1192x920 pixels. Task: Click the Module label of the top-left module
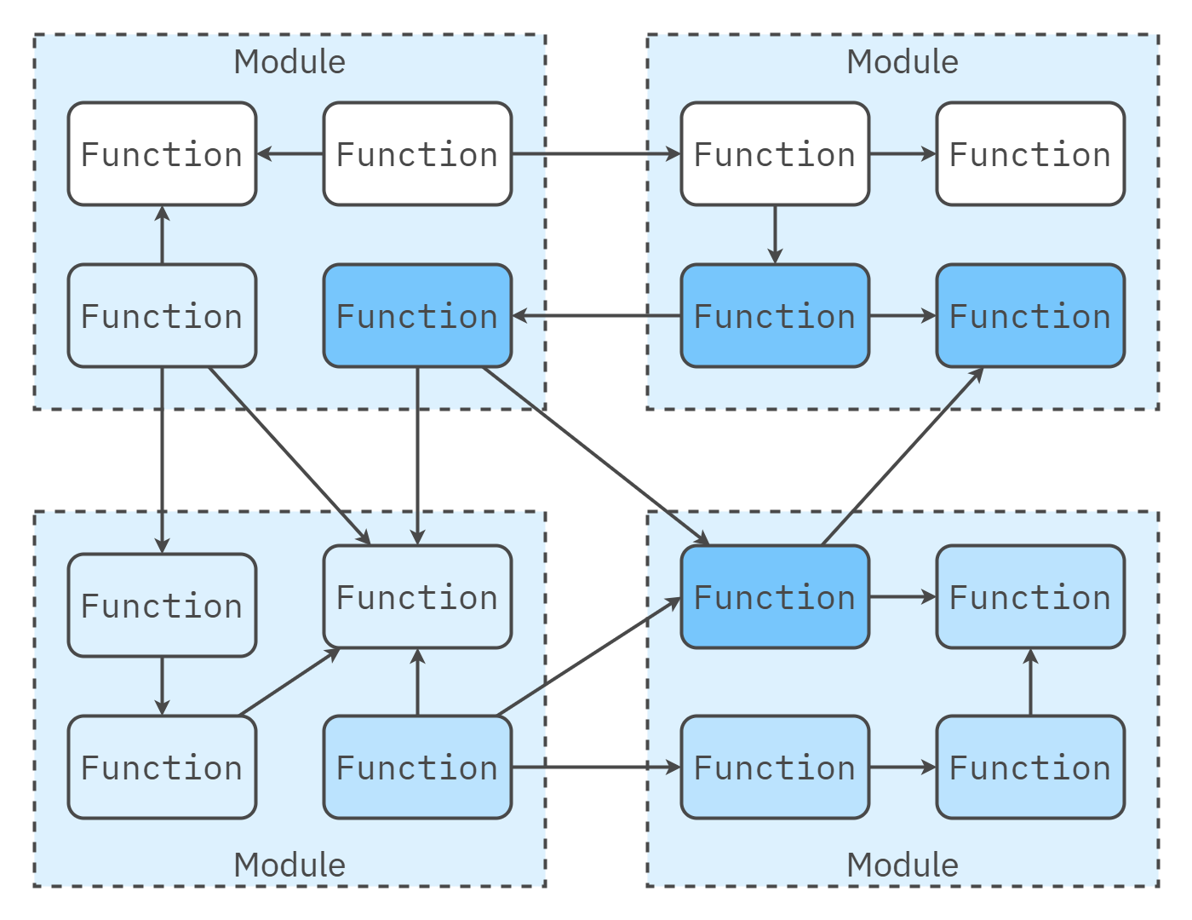[289, 62]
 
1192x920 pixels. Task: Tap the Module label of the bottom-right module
[903, 865]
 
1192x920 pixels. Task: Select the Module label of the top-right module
[903, 62]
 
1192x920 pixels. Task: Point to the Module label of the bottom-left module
[289, 865]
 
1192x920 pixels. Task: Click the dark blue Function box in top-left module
[417, 316]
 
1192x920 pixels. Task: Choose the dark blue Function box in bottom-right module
[775, 597]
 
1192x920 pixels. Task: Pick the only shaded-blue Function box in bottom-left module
[417, 768]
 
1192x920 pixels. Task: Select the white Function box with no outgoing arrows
[1030, 154]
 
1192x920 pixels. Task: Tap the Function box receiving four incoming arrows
[417, 597]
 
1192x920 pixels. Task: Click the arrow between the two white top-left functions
[289, 154]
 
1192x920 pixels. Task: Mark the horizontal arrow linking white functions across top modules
[596, 154]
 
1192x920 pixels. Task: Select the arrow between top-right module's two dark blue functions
[903, 316]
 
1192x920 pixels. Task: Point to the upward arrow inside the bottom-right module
[1030, 682]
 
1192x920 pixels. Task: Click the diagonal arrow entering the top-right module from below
[903, 457]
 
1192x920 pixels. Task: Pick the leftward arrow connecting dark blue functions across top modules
[596, 316]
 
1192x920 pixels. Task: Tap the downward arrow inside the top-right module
[775, 234]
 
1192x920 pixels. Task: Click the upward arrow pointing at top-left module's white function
[162, 235]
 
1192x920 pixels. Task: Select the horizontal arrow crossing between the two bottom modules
[596, 768]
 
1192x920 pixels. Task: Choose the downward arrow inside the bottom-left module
[162, 686]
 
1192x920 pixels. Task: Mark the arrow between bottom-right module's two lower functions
[903, 768]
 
